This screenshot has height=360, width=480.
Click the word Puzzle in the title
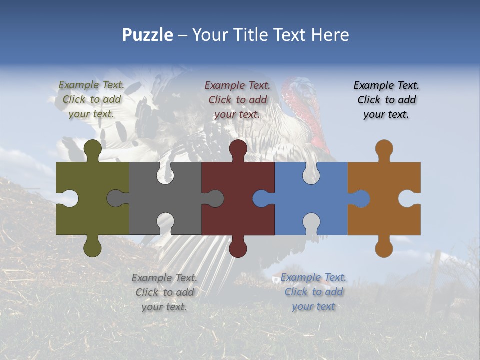(147, 35)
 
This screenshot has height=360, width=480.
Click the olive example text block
(91, 99)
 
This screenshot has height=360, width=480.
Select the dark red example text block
(237, 99)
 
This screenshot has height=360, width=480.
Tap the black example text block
(386, 99)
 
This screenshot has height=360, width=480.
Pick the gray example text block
(164, 292)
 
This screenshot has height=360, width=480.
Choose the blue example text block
(313, 291)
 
